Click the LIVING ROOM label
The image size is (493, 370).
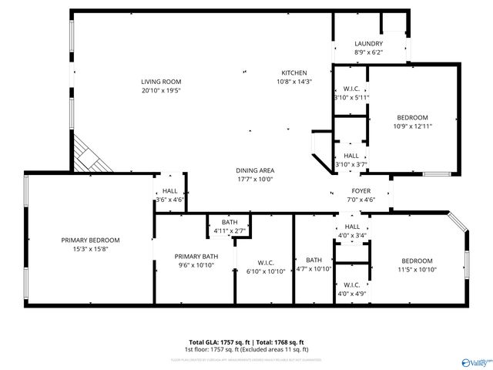(x=160, y=82)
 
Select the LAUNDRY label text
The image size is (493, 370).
(x=368, y=44)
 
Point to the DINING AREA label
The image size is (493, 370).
(x=255, y=170)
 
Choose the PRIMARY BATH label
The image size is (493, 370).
(x=196, y=257)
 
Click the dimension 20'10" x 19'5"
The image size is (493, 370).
(x=160, y=90)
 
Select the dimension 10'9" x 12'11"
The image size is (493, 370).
(x=411, y=126)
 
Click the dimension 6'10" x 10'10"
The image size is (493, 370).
(x=265, y=271)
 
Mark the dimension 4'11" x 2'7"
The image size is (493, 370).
(x=230, y=230)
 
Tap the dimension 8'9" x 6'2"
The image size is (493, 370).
(x=368, y=52)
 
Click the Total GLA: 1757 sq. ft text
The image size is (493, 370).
(x=218, y=341)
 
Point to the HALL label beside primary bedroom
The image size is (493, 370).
(x=169, y=191)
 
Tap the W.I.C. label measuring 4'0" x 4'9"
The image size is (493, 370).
(x=352, y=285)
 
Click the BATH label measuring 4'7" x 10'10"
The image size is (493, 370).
(x=314, y=260)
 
